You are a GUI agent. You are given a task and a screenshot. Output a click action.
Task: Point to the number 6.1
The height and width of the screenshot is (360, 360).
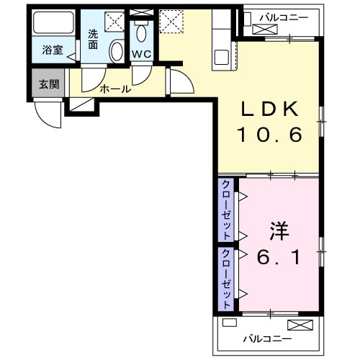click(279, 256)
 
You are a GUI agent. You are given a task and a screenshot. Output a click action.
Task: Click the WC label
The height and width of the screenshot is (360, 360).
click(140, 53)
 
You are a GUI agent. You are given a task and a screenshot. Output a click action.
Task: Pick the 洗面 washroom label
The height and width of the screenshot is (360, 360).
click(94, 38)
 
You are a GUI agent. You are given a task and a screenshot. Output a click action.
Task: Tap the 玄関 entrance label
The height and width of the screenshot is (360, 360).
click(48, 84)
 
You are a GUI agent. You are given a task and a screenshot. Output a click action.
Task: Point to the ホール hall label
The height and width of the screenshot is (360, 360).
click(115, 89)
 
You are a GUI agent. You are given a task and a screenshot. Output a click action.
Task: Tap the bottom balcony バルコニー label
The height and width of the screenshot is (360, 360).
click(266, 338)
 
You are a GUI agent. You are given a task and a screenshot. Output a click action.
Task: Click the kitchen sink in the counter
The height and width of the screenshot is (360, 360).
click(220, 55)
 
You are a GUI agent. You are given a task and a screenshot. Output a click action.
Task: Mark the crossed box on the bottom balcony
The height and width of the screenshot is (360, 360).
click(297, 325)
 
